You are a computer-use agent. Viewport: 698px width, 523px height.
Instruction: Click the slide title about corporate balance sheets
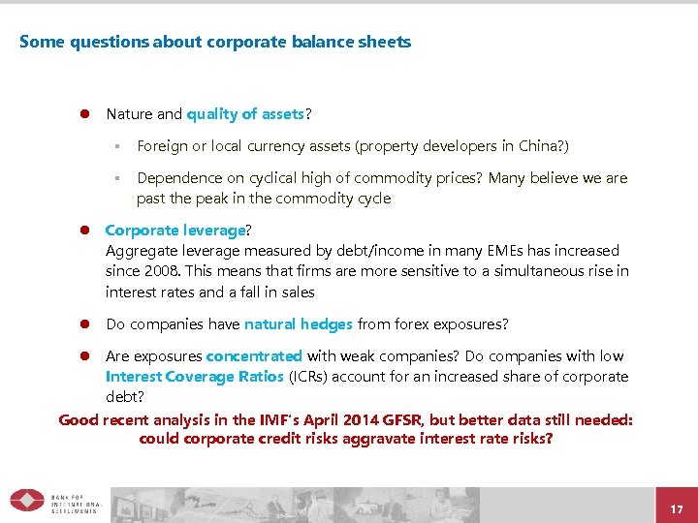pyautogui.click(x=215, y=42)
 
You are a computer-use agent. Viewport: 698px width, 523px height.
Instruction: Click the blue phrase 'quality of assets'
pyautogui.click(x=246, y=114)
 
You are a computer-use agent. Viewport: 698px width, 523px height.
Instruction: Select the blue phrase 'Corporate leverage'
pyautogui.click(x=174, y=231)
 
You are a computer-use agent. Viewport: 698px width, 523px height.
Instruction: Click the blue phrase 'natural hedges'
pyautogui.click(x=299, y=324)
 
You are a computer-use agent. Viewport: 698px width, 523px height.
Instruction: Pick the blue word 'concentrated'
pyautogui.click(x=254, y=356)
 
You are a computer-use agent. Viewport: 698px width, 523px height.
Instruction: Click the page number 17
pyautogui.click(x=677, y=508)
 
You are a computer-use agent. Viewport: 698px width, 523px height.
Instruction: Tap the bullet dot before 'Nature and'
pyautogui.click(x=84, y=114)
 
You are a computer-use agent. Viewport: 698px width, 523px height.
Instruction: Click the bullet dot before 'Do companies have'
pyautogui.click(x=84, y=324)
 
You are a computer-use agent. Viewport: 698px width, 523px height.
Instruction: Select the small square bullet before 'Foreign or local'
pyautogui.click(x=114, y=147)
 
